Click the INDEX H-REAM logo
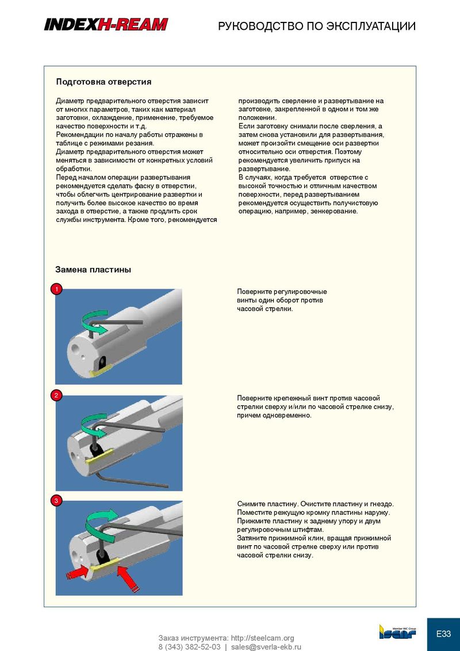(x=106, y=24)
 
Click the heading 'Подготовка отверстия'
(x=103, y=82)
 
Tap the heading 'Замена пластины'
(x=93, y=269)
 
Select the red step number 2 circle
(x=56, y=395)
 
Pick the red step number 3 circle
(x=56, y=501)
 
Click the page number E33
(x=443, y=634)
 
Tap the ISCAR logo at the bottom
(x=397, y=632)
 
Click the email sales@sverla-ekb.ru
(x=266, y=646)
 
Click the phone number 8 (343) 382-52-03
(x=189, y=646)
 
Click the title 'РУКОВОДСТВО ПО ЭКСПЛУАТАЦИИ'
(x=317, y=26)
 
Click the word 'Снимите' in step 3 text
(x=251, y=504)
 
